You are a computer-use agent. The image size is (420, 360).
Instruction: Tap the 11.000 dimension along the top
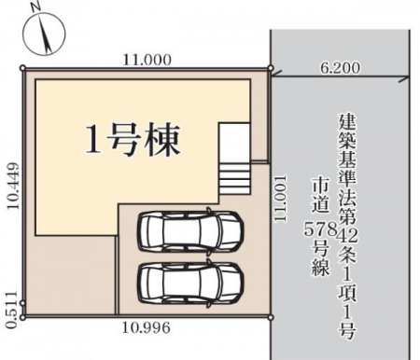pyautogui.click(x=147, y=60)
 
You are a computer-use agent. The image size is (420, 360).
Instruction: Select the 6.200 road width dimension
pyautogui.click(x=341, y=68)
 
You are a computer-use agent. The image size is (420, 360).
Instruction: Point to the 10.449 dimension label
pyautogui.click(x=13, y=186)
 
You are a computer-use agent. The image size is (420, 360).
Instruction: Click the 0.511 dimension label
pyautogui.click(x=11, y=310)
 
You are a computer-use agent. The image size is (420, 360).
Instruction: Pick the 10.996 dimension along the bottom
pyautogui.click(x=146, y=327)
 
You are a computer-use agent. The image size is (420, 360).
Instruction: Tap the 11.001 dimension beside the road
pyautogui.click(x=280, y=199)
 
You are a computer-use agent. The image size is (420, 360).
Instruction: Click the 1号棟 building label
pyautogui.click(x=133, y=140)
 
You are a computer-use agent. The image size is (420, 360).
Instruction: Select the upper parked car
pyautogui.click(x=190, y=231)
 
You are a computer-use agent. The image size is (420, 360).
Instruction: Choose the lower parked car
pyautogui.click(x=190, y=284)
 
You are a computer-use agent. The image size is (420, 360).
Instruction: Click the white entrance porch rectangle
pyautogui.click(x=234, y=142)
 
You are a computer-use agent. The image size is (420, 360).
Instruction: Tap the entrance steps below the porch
pyautogui.click(x=234, y=179)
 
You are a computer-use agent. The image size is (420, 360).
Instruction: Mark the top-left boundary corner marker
pyautogui.click(x=22, y=68)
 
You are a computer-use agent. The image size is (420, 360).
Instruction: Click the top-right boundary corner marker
pyautogui.click(x=271, y=68)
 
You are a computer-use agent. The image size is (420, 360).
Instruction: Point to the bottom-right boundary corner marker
pyautogui.click(x=271, y=317)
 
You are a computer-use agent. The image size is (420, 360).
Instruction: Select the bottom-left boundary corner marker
pyautogui.click(x=22, y=317)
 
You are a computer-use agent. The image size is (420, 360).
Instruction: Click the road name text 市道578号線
pyautogui.click(x=321, y=227)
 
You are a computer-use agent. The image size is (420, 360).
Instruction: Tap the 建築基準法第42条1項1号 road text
pyautogui.click(x=347, y=226)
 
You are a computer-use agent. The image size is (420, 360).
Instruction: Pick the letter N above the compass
pyautogui.click(x=36, y=7)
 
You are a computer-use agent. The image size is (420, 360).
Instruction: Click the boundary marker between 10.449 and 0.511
pyautogui.click(x=22, y=303)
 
